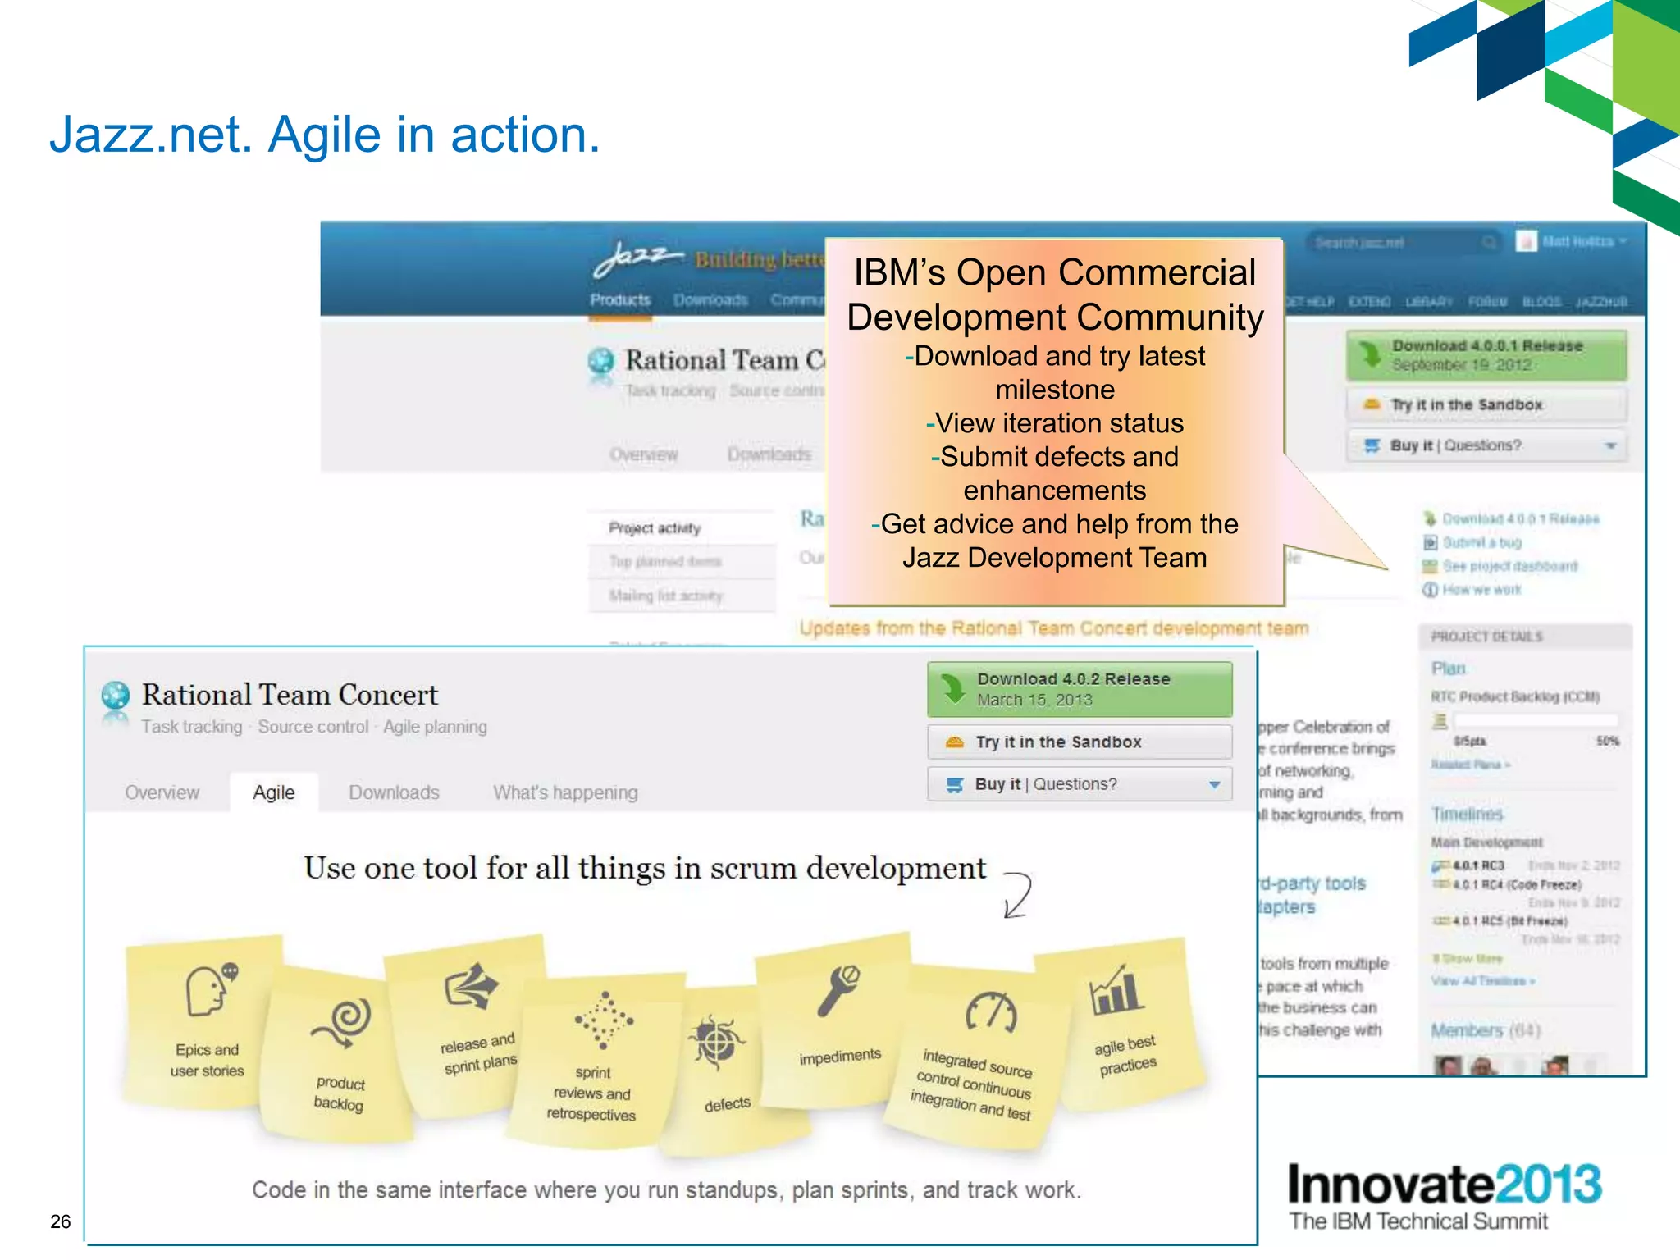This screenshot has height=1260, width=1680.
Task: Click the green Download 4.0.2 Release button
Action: coord(1079,689)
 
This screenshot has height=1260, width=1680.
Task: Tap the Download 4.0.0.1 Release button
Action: coord(1486,355)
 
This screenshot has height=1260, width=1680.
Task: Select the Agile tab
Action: coord(273,792)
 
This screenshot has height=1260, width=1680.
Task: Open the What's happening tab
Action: coord(564,792)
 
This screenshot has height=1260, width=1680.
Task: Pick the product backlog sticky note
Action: coord(339,1058)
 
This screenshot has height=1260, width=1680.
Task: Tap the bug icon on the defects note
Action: coord(716,1042)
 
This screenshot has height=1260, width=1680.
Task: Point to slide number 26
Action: coord(60,1221)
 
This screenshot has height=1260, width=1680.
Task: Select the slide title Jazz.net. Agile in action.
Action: coord(325,135)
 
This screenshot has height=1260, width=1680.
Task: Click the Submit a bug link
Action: coord(1481,542)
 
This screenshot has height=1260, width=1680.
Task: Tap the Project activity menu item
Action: coord(654,528)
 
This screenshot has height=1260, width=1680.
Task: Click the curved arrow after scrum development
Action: coord(1018,895)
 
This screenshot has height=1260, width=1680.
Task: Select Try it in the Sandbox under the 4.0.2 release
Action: coord(1079,742)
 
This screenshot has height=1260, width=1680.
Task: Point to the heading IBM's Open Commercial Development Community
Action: coord(1054,294)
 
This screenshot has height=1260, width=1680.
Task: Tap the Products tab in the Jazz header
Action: coord(620,300)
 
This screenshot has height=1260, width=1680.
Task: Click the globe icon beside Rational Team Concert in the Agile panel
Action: coord(116,696)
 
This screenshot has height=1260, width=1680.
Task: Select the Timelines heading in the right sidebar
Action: coord(1467,814)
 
